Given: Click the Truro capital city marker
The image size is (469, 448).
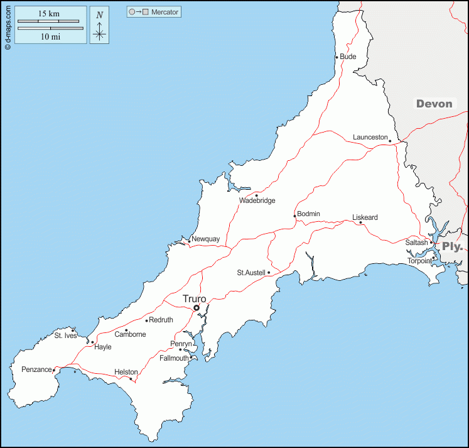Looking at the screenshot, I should pos(197,308).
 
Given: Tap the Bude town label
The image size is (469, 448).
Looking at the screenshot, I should pos(348,57).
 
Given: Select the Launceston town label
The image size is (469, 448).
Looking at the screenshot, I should pos(370,137).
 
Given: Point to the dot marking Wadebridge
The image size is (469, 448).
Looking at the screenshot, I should pos(256,195).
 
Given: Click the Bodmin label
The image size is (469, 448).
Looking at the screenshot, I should pos(308,214).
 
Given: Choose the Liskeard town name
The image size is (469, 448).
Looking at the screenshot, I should pos(365,217).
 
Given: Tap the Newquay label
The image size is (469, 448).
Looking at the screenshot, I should pos(206,239).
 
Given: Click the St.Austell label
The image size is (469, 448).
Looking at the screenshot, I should pos(251,273).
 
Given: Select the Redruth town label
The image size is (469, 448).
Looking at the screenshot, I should pos(161,320).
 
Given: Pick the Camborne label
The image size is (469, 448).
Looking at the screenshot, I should pos(130,334).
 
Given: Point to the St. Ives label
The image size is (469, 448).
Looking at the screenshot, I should pos(65,336).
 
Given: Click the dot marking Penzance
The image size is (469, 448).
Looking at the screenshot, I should pos(54,369).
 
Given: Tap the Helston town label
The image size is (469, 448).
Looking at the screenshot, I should pos(126,372).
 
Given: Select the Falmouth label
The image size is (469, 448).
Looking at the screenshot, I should pos(174,358).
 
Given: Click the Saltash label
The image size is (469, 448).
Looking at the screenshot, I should pos(416,243).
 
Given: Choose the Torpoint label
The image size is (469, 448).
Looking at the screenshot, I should pos(419,261).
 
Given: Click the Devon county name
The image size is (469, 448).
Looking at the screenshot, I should pos(434,104).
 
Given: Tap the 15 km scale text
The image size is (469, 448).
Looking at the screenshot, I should pos(48,14).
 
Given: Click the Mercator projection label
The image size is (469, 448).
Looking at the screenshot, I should pos(164,12).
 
